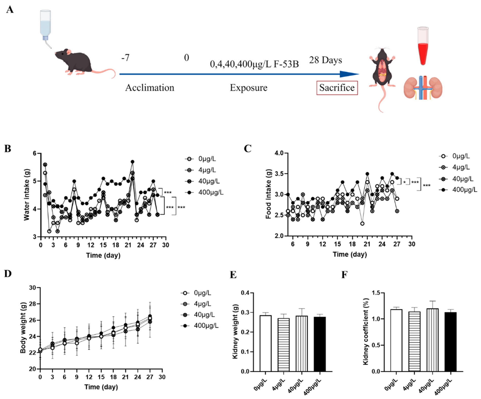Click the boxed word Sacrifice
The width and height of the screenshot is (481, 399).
pos(337,88)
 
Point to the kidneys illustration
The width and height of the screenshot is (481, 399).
pos(423,88)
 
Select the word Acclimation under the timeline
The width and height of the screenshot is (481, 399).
pos(150,88)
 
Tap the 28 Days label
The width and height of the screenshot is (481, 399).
pos(326,60)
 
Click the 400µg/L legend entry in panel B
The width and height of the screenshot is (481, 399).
pos(204,192)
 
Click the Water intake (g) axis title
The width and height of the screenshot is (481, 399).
pos(27,195)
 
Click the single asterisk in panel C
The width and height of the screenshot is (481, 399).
pos(404,182)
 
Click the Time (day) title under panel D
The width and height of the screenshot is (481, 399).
pos(101,387)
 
